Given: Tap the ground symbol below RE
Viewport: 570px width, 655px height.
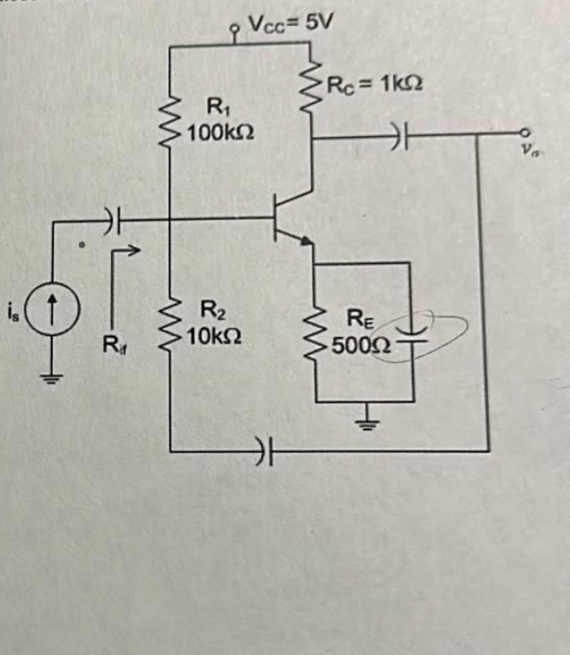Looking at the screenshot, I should coord(368,425).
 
